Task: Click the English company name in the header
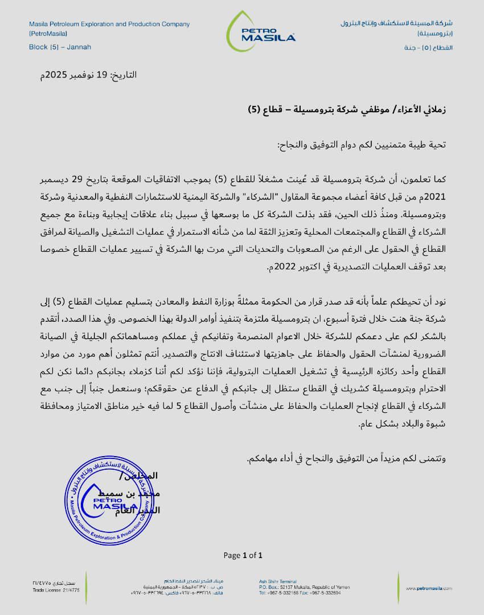[109, 24]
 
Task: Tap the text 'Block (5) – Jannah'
[60, 47]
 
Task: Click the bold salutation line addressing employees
[346, 109]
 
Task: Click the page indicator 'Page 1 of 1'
[243, 555]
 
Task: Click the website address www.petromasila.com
[428, 588]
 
